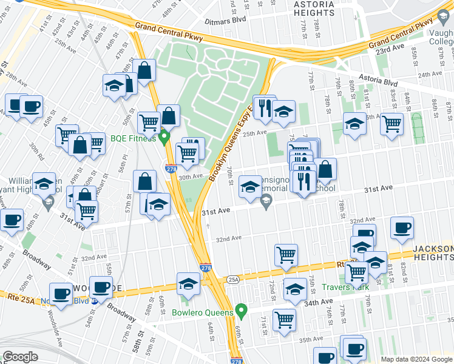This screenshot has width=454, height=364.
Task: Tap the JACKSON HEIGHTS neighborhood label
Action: (x=433, y=254)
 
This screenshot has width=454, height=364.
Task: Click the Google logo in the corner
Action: (x=20, y=356)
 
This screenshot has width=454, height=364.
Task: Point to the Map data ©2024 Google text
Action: (x=416, y=359)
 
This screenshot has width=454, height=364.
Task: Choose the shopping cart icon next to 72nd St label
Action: (x=286, y=255)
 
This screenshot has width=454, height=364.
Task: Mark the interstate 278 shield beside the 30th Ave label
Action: (x=172, y=169)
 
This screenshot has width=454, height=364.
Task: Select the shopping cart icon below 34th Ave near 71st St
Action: (x=284, y=320)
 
